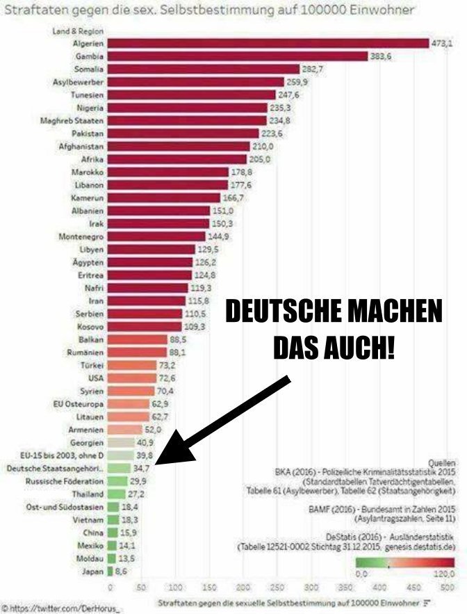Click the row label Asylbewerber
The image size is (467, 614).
[x=79, y=82]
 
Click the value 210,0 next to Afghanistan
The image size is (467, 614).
[x=261, y=147]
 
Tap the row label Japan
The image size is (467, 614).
[x=93, y=571]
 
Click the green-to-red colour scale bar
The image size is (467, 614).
[x=404, y=563]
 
